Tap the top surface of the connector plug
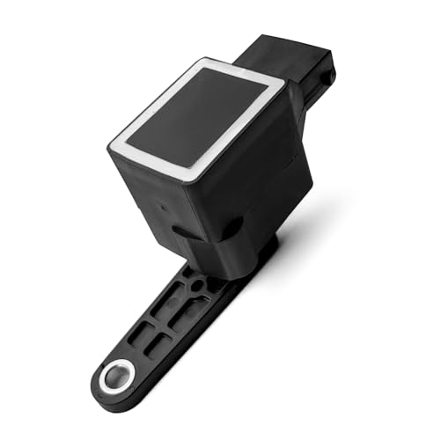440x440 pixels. [282, 48]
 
